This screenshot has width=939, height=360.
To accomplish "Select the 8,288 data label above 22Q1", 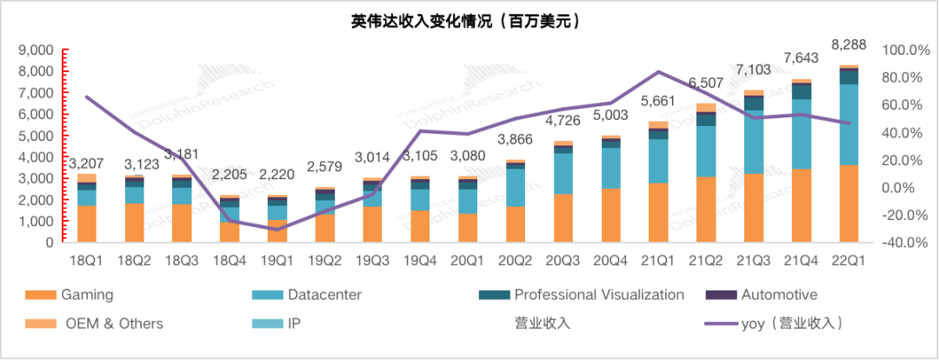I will pyautogui.click(x=847, y=43).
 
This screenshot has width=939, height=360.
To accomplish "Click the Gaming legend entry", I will pyautogui.click(x=87, y=295).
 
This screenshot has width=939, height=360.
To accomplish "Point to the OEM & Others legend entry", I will pyautogui.click(x=113, y=323).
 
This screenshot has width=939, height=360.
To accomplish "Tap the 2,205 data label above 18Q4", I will pyautogui.click(x=230, y=184).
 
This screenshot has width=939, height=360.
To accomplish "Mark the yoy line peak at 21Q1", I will pyautogui.click(x=658, y=71).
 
